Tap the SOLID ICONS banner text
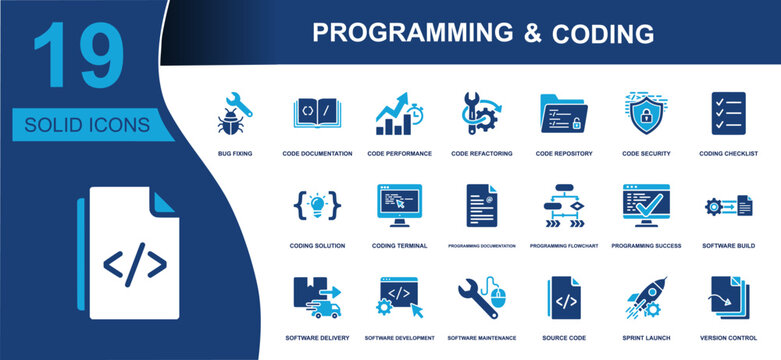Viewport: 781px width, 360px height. tap(88, 125)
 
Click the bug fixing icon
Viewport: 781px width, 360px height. tap(234, 115)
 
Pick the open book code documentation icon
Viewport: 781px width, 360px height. tap(317, 114)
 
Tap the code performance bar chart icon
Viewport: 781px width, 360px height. tap(399, 115)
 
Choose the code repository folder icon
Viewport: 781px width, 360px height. tap(563, 115)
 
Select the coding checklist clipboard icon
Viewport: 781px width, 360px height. tap(727, 114)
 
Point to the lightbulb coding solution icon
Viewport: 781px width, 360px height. tap(317, 205)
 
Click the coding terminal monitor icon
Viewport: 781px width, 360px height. tap(399, 205)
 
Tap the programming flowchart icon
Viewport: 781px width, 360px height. tap(563, 205)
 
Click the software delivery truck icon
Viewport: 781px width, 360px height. tap(317, 297)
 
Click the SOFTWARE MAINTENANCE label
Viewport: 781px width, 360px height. tap(481, 338)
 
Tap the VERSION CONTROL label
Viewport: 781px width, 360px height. tap(727, 338)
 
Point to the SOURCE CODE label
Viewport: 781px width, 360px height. tap(563, 338)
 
